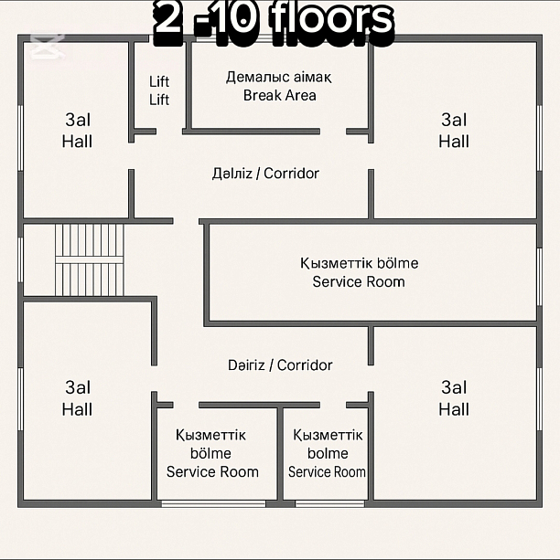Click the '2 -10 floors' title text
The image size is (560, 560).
click(x=275, y=21)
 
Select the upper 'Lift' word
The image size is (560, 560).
click(x=159, y=81)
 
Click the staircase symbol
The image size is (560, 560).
click(x=90, y=259)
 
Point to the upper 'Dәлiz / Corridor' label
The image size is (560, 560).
click(x=265, y=174)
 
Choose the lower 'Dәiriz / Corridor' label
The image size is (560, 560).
click(x=280, y=365)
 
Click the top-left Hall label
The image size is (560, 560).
click(x=77, y=130)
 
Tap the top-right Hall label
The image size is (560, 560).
click(x=454, y=130)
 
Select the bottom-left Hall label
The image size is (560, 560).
click(x=77, y=398)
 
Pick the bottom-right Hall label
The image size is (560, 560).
click(x=454, y=398)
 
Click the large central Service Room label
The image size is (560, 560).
click(x=359, y=272)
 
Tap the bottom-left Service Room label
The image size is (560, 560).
click(x=212, y=453)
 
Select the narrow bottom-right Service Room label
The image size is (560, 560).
click(x=327, y=453)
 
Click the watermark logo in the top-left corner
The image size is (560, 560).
click(x=48, y=46)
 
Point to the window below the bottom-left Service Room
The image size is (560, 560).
click(x=213, y=504)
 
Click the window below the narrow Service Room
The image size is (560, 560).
click(x=329, y=504)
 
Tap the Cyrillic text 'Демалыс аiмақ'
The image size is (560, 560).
click(x=279, y=77)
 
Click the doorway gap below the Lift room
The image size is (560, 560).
click(x=169, y=132)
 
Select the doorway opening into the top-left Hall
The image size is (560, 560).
click(x=132, y=156)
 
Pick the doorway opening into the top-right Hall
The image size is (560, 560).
click(x=372, y=156)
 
